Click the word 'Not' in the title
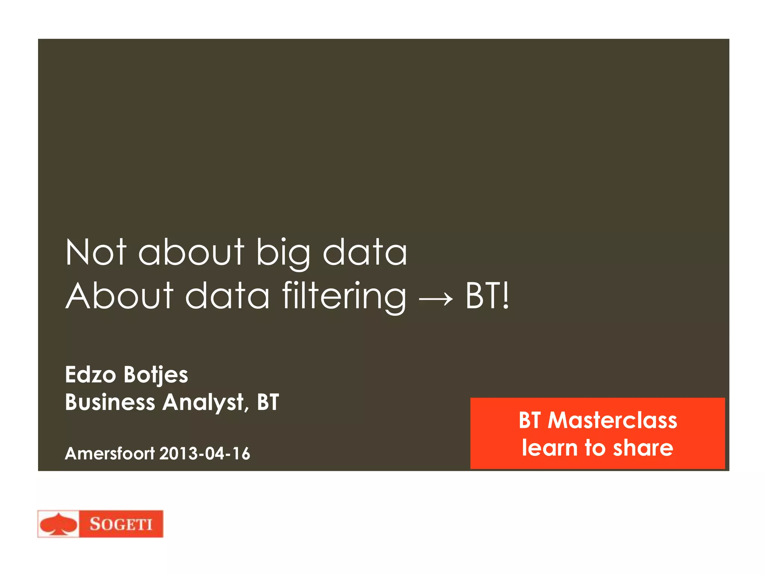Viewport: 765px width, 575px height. [96, 253]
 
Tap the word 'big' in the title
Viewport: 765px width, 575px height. [283, 253]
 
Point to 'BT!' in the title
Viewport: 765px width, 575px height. [487, 296]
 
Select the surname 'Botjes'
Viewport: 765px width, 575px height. [155, 375]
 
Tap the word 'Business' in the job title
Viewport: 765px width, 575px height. [110, 402]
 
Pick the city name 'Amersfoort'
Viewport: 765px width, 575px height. [109, 453]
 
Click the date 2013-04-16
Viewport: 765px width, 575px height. [205, 454]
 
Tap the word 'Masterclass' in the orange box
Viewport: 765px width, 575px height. [612, 420]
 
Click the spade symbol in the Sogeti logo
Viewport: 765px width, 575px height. [58, 524]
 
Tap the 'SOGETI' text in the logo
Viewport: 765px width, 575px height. [121, 524]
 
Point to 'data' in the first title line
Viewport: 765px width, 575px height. [365, 253]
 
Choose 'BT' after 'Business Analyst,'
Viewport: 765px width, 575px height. [268, 402]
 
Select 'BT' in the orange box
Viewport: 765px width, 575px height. [529, 420]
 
